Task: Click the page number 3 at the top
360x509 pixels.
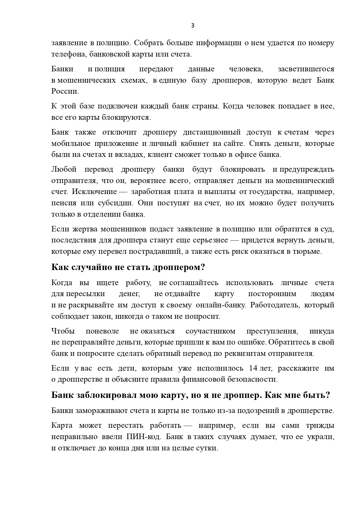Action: (x=193, y=26)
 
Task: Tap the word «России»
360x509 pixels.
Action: (x=65, y=91)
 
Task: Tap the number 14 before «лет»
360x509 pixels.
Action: (x=254, y=368)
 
